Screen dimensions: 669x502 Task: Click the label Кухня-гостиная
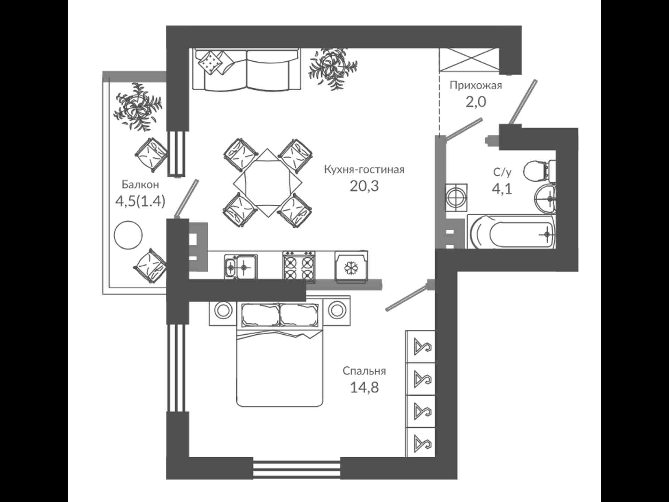pyautogui.click(x=364, y=170)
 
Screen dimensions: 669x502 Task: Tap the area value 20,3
pyautogui.click(x=364, y=186)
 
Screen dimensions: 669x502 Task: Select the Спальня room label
pyautogui.click(x=364, y=371)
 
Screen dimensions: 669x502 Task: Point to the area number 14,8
pyautogui.click(x=364, y=387)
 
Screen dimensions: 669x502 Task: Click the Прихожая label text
pyautogui.click(x=476, y=85)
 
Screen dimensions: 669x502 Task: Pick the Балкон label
pyautogui.click(x=140, y=184)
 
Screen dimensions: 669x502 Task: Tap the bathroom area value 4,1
pyautogui.click(x=502, y=189)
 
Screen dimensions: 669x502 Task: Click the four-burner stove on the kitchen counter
pyautogui.click(x=299, y=266)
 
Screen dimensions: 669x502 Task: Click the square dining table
pyautogui.click(x=267, y=183)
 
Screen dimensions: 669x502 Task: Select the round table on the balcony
pyautogui.click(x=128, y=235)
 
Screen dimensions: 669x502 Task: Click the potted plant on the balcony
pyautogui.click(x=138, y=107)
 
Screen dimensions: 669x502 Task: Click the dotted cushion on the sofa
pyautogui.click(x=210, y=62)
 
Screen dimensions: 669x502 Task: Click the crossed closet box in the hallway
pyautogui.click(x=469, y=60)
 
